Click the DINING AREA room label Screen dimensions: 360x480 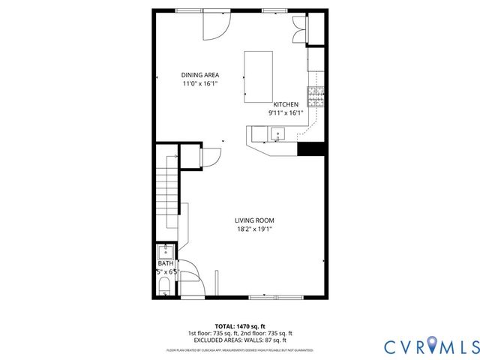[199, 75]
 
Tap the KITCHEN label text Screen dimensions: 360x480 [286, 104]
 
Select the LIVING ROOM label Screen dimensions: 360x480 [254, 220]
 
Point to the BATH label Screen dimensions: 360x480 [165, 263]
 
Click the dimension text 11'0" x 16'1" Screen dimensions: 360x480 [199, 84]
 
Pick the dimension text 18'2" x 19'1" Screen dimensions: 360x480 [254, 229]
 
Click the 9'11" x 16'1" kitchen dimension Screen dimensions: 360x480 [286, 113]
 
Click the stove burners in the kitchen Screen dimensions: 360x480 [316, 97]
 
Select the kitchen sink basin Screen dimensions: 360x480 [279, 135]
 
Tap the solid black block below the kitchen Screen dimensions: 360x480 [310, 148]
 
